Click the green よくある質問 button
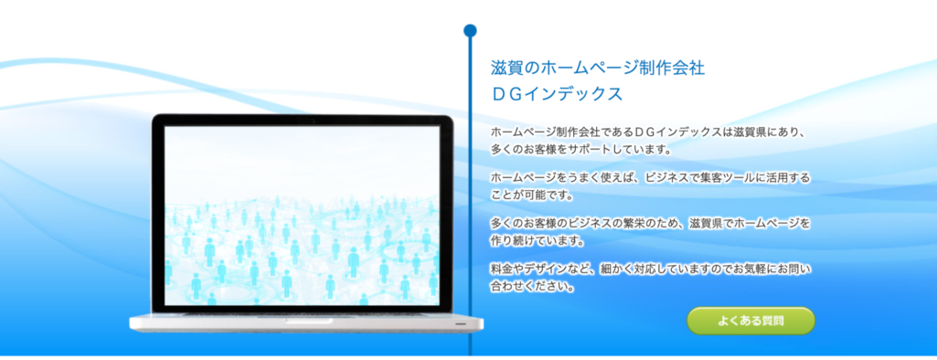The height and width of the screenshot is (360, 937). tap(751, 321)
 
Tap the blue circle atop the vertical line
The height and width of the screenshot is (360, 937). tap(470, 31)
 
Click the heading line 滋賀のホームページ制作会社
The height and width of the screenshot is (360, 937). tap(598, 69)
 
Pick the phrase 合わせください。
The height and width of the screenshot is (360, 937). tap(532, 287)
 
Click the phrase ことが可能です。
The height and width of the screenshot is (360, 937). tap(532, 196)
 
